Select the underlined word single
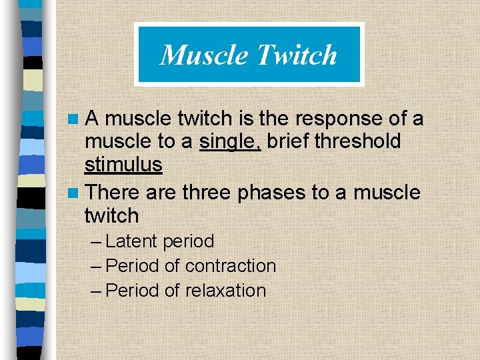click(230, 141)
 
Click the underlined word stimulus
click(123, 165)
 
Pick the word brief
click(288, 141)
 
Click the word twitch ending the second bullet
click(111, 216)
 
